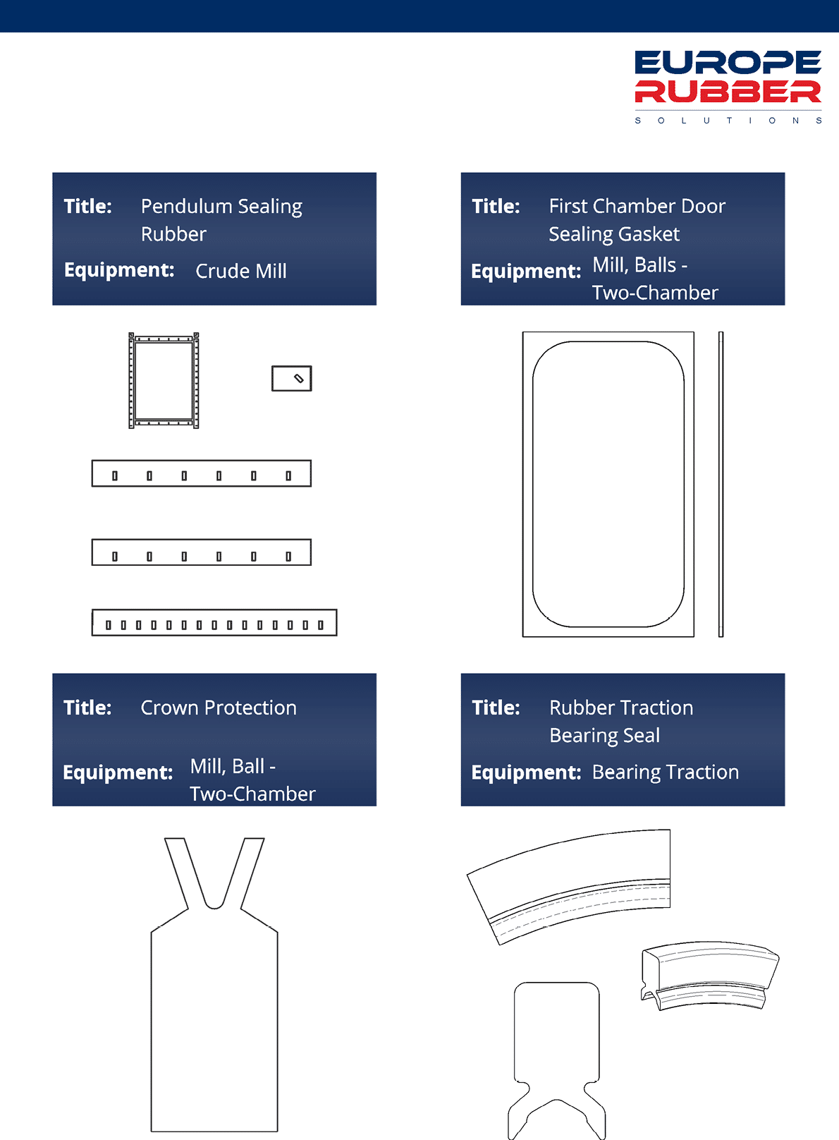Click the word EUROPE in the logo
[x=728, y=63]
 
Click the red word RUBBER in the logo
[x=728, y=92]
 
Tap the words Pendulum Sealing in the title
[x=221, y=207]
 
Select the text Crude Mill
[x=241, y=271]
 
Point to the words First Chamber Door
[x=637, y=206]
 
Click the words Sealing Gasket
[x=614, y=234]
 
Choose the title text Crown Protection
[x=219, y=708]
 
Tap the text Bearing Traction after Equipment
[x=666, y=772]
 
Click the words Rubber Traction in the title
[x=621, y=708]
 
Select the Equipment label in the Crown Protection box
[x=118, y=772]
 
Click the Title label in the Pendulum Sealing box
[x=87, y=206]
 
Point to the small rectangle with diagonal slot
[x=292, y=379]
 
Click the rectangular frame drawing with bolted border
[x=131, y=381]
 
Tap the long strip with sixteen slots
[x=214, y=622]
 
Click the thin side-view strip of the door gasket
[x=721, y=484]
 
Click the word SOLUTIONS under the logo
[x=728, y=121]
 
